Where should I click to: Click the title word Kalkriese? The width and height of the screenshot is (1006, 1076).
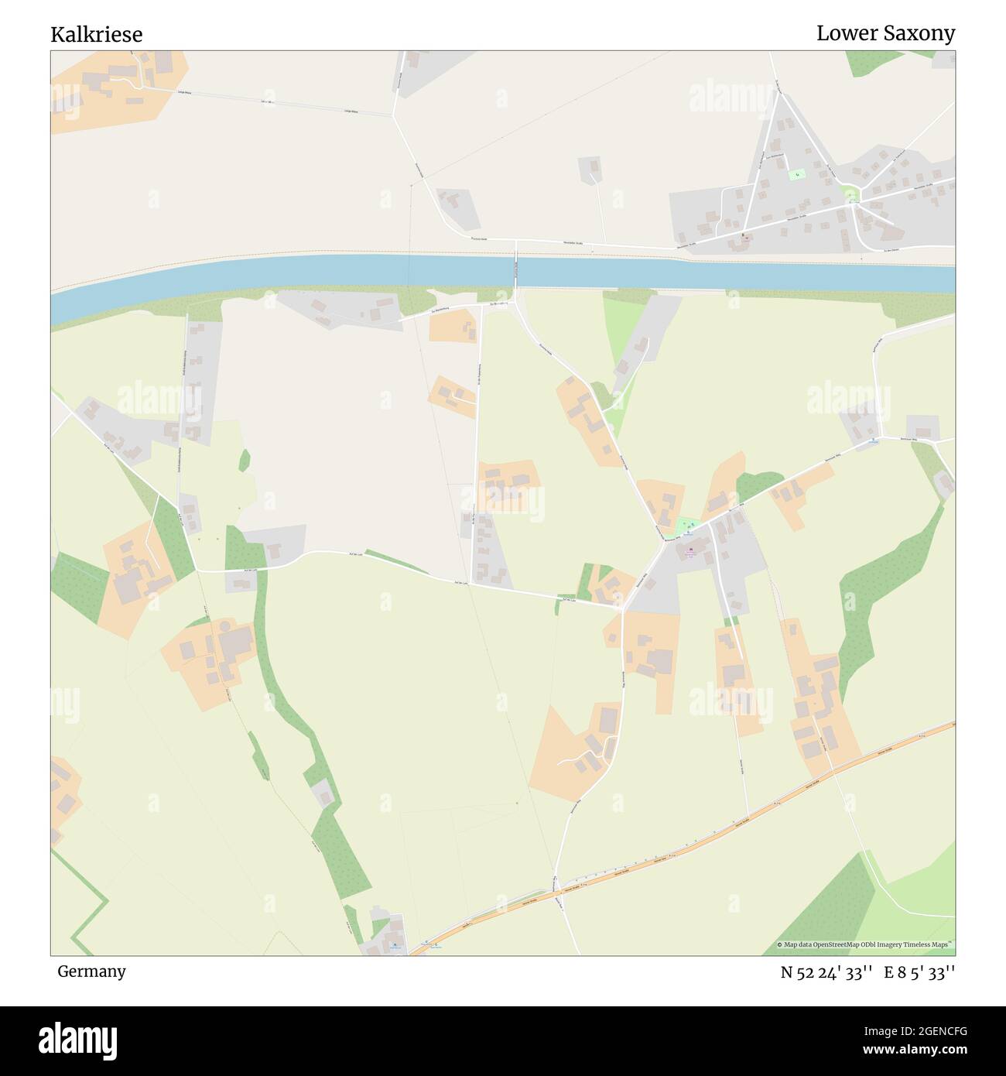[96, 35]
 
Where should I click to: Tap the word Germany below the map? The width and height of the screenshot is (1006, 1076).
[91, 971]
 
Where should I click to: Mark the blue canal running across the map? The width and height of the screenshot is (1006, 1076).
[310, 275]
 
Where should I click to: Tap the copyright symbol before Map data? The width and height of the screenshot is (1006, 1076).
[779, 944]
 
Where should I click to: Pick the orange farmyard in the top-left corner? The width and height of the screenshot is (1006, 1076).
[116, 85]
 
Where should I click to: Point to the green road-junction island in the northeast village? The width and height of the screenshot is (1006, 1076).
[850, 194]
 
